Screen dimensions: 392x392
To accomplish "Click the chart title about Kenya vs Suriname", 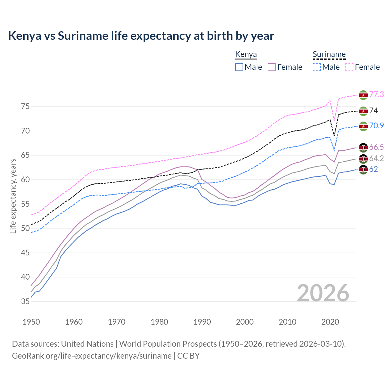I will point(141,36).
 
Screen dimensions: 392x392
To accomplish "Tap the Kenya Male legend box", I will point(239,67).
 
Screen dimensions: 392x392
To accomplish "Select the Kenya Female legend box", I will point(272,67).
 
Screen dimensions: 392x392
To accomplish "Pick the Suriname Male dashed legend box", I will point(317,67).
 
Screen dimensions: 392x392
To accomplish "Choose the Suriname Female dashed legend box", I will point(349,67).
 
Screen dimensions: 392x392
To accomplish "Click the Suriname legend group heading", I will point(329,55).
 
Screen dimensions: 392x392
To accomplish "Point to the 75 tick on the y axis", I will point(25,107).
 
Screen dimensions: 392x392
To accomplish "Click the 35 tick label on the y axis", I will point(25,302).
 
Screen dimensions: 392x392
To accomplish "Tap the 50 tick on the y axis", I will point(25,228).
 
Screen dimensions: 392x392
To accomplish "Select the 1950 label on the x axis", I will point(31,322).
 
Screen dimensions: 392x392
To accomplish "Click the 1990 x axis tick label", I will point(202,322).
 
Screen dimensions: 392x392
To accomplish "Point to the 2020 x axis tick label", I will point(330,322).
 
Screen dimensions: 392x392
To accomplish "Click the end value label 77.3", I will point(376,95).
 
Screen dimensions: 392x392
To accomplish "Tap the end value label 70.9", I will point(376,126).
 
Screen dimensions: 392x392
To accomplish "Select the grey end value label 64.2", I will point(376,158).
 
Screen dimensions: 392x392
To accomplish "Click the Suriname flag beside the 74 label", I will point(363,111).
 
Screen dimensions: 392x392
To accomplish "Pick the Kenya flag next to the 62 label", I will point(363,169).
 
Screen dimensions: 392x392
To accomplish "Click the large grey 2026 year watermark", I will point(323,293).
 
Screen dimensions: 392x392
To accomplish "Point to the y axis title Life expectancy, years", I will point(13,196).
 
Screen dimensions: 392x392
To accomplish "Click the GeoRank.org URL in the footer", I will point(92,356).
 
